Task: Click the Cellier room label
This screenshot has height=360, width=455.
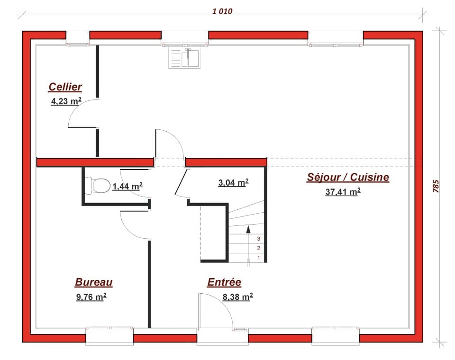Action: [x=65, y=87]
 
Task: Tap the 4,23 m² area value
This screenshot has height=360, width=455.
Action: [x=66, y=100]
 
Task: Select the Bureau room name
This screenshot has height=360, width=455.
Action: [x=93, y=282]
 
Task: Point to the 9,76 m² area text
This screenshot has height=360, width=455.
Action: [x=91, y=297]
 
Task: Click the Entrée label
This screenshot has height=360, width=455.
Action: [x=224, y=282]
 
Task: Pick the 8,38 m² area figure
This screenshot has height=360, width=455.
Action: [x=237, y=297]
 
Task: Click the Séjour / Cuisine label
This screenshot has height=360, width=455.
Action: [x=348, y=177]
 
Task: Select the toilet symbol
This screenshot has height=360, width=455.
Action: [x=98, y=185]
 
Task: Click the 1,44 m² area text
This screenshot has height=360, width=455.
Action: [x=127, y=187]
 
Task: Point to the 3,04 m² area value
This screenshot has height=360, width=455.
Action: [x=233, y=182]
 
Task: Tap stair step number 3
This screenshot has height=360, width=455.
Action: [x=259, y=239]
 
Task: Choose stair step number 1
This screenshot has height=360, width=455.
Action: [x=259, y=258]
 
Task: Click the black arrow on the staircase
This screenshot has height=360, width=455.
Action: [x=248, y=229]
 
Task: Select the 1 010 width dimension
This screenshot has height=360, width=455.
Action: [x=222, y=11]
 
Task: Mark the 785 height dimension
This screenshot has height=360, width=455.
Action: [x=436, y=186]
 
